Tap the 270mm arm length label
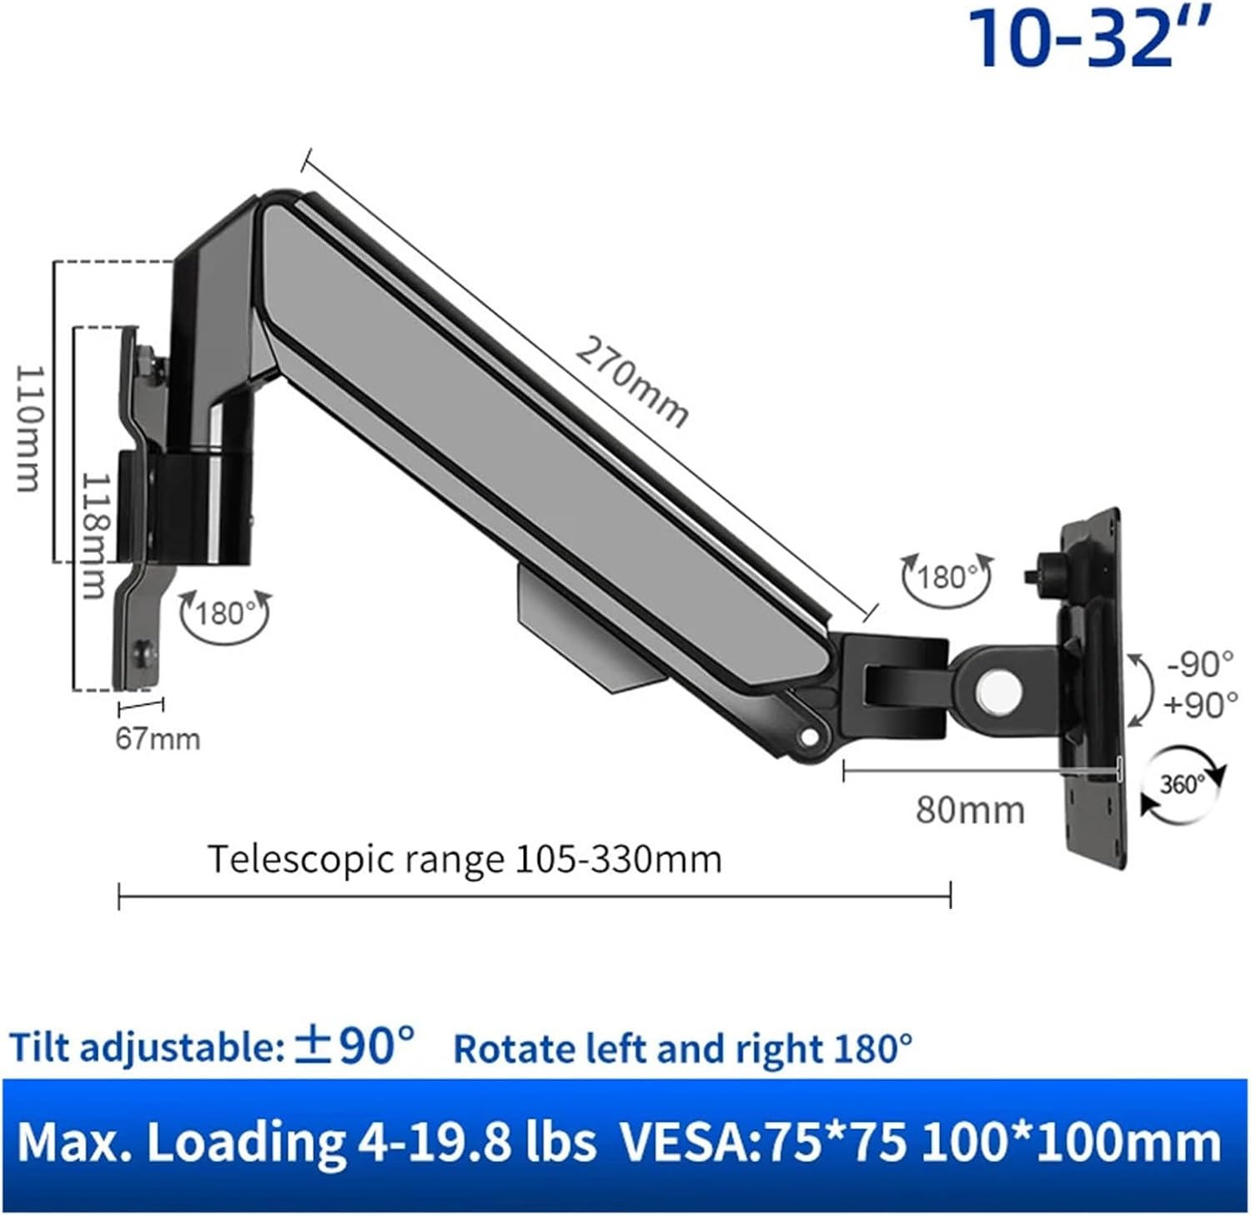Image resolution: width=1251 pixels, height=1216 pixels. point(632,383)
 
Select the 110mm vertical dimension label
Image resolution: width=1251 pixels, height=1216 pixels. point(29,428)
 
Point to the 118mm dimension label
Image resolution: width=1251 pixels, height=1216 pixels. point(95,535)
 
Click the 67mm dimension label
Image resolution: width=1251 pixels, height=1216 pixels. point(158,739)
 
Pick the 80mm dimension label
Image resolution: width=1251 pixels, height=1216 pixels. point(970,810)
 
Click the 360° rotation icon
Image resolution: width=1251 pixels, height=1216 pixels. point(1183,785)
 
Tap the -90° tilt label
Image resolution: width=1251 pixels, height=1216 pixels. point(1200,664)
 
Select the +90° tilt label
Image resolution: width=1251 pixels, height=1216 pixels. point(1200,705)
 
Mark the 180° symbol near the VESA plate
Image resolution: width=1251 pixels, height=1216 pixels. point(947,577)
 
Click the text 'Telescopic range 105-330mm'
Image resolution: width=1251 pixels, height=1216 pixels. point(464,859)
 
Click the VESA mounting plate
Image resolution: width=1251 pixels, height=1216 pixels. point(1093,692)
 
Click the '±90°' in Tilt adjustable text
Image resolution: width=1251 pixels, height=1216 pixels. point(354,1045)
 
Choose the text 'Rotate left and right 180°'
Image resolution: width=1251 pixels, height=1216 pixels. point(682,1048)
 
